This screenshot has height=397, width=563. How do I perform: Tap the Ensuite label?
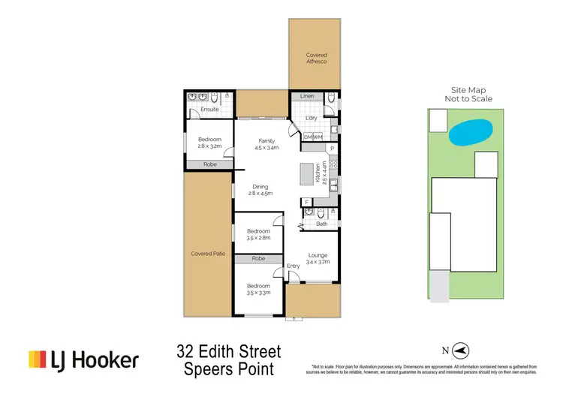point(209,110)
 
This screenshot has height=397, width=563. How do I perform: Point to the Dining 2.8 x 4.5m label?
point(260,190)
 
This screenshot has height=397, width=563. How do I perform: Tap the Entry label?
point(293,266)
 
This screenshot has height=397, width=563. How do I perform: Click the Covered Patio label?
point(209,254)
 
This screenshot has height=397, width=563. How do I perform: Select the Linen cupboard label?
point(306,97)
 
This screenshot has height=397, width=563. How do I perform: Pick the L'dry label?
point(312,119)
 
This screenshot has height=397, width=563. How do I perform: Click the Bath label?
point(322,224)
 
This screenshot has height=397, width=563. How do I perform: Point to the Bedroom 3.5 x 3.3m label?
point(259,289)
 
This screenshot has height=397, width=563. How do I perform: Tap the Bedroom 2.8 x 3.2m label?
point(210,143)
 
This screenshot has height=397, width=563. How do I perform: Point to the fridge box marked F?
point(306,203)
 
